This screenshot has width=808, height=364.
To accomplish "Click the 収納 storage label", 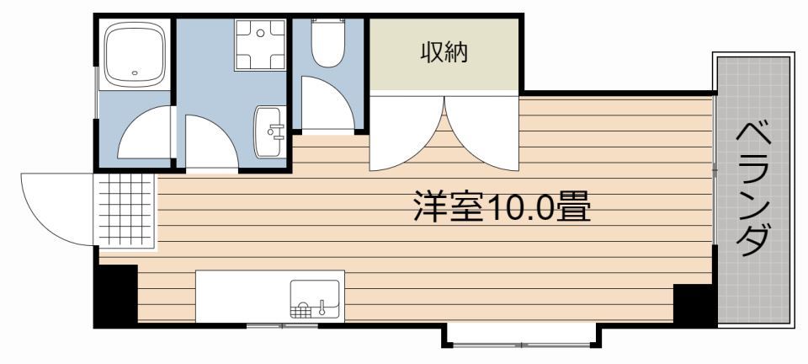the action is click(x=444, y=52).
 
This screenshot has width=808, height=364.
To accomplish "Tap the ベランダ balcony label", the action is click(x=753, y=190).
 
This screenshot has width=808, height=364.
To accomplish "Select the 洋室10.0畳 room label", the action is click(x=502, y=207).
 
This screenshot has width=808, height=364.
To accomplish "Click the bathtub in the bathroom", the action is click(x=135, y=54).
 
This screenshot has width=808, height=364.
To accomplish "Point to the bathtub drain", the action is click(x=135, y=73).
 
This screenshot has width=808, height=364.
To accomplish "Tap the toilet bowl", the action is click(x=327, y=43).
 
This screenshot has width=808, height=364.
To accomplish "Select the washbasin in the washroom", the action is click(x=269, y=132).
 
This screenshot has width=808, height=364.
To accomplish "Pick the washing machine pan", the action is click(x=260, y=45).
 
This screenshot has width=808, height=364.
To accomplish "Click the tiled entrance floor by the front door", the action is click(x=125, y=211).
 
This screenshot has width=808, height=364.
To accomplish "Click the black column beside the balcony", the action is click(x=694, y=304).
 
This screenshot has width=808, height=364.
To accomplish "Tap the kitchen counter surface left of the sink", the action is click(x=242, y=296).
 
